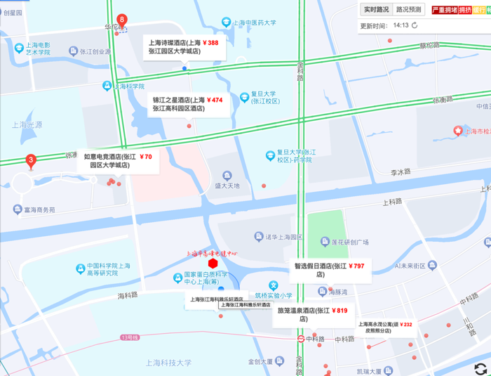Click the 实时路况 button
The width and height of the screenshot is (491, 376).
point(376,10)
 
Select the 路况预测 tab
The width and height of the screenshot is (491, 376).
point(409,10)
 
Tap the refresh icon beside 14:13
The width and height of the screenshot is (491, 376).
point(415,25)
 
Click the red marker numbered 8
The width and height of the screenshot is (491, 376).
point(123,20)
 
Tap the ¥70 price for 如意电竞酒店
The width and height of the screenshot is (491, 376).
point(145,157)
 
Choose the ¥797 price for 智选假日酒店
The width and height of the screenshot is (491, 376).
point(356,266)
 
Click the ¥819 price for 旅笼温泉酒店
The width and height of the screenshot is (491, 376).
point(340,310)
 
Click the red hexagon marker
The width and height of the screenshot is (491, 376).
point(213,263)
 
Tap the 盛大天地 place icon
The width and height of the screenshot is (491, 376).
point(227,176)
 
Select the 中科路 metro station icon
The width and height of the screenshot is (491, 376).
point(300,339)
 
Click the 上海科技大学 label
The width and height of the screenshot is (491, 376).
point(168,363)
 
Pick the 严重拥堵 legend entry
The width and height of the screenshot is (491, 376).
point(443,10)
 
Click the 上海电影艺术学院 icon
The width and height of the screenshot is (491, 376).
point(74,51)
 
